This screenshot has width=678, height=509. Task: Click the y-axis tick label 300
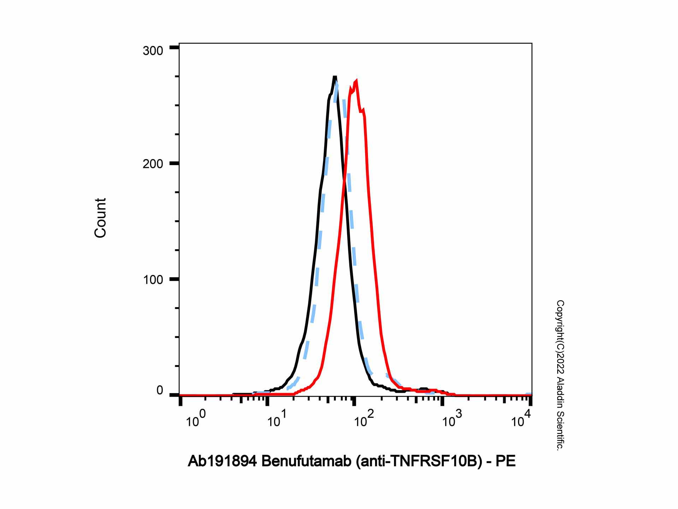tap(153, 51)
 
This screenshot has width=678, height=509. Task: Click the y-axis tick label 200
tap(153, 164)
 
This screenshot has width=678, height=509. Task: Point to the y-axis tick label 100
tap(153, 280)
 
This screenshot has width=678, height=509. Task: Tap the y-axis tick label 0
tap(160, 391)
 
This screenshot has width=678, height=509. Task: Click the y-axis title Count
tap(100, 218)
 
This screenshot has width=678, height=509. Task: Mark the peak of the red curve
tap(356, 81)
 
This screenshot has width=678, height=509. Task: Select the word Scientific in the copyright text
tap(560, 433)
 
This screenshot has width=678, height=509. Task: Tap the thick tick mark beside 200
tap(174, 163)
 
